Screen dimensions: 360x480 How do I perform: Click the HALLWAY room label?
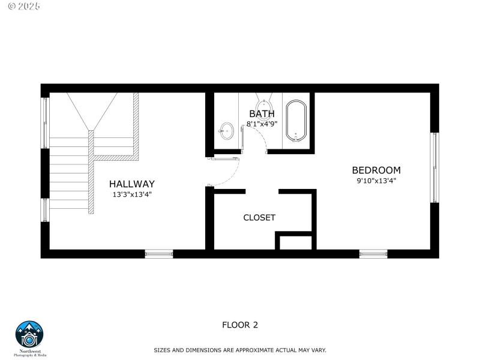click(132, 184)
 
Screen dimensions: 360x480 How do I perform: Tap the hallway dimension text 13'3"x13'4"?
click(132, 194)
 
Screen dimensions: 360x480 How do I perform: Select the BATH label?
click(262, 114)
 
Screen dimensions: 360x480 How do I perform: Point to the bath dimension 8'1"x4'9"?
click(262, 124)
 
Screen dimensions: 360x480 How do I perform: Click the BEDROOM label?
click(376, 170)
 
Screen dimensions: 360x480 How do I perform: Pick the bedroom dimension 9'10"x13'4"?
click(376, 181)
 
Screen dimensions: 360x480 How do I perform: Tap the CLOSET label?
click(259, 217)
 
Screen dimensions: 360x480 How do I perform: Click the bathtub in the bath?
click(296, 121)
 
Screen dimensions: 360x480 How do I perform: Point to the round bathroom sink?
click(227, 131)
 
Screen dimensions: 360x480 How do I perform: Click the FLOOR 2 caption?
click(240, 325)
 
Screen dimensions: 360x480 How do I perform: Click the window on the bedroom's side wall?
click(434, 168)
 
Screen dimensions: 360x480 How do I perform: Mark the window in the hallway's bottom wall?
click(159, 254)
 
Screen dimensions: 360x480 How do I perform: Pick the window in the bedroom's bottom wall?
click(373, 254)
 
